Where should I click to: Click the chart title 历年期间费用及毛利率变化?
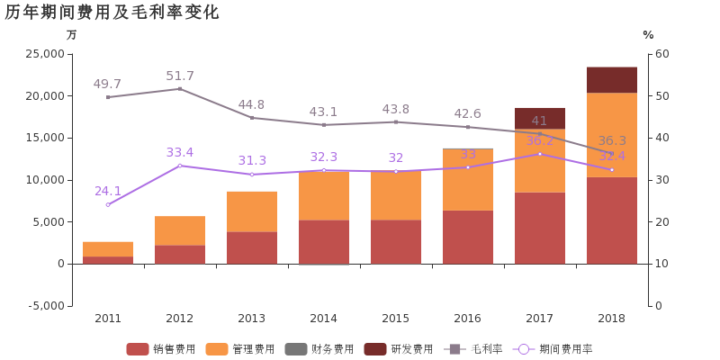(x=112, y=12)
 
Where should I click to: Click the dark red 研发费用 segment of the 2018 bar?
(x=612, y=79)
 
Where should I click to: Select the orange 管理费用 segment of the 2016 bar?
(x=468, y=179)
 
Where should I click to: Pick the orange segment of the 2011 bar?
(x=108, y=248)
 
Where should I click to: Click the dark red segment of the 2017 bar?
(x=540, y=118)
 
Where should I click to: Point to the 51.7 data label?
(x=180, y=76)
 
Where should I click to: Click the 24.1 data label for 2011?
(x=108, y=191)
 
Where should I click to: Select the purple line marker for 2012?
(x=180, y=166)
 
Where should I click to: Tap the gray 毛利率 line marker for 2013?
(x=252, y=117)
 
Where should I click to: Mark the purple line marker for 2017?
(x=540, y=154)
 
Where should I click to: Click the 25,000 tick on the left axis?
(x=42, y=54)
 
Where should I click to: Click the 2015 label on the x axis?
(x=396, y=319)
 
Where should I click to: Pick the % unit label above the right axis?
(x=648, y=35)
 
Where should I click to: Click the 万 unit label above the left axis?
(x=72, y=35)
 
